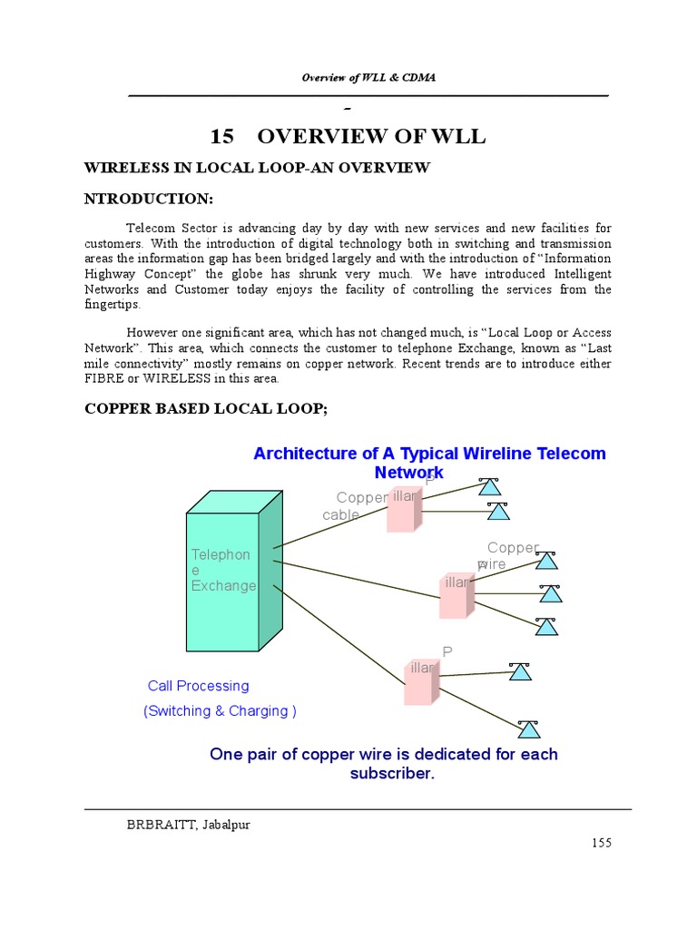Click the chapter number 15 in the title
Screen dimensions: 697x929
221,137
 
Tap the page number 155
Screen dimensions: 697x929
602,843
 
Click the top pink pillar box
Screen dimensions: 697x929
402,509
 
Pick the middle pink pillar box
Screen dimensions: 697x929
456,595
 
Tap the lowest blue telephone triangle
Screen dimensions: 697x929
528,729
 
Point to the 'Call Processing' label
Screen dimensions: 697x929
198,686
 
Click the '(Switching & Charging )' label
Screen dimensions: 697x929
220,711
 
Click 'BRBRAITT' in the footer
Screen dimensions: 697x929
156,824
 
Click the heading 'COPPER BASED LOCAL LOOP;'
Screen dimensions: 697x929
205,409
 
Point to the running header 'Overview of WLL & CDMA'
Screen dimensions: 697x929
368,77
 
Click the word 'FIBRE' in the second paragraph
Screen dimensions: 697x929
103,378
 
